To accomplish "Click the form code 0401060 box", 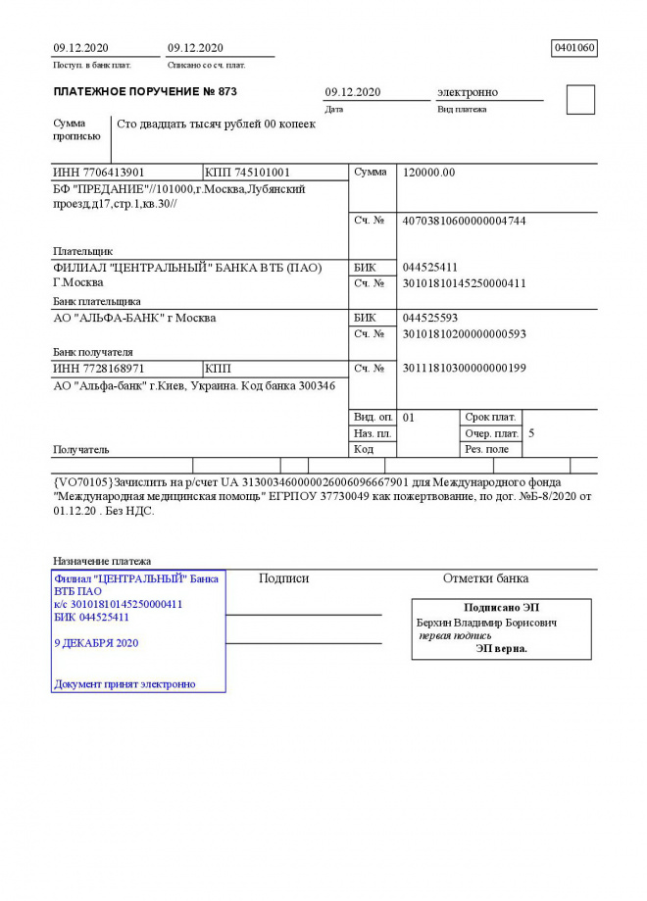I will click(x=574, y=48).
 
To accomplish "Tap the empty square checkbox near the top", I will click(x=580, y=100).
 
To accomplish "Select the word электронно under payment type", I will click(x=467, y=92).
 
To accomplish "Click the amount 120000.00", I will click(x=428, y=173).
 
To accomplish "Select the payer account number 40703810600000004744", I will click(x=464, y=222).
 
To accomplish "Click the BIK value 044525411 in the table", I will click(x=430, y=268).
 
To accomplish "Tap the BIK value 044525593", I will click(x=430, y=319).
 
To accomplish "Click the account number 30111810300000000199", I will click(x=464, y=369).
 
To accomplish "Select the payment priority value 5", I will click(x=531, y=432).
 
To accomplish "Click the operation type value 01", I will click(x=409, y=418).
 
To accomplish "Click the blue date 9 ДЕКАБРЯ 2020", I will click(x=96, y=643).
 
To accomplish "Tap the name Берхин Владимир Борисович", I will click(x=486, y=623).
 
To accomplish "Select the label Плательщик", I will click(x=82, y=251).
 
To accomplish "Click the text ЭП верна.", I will click(x=501, y=648).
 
